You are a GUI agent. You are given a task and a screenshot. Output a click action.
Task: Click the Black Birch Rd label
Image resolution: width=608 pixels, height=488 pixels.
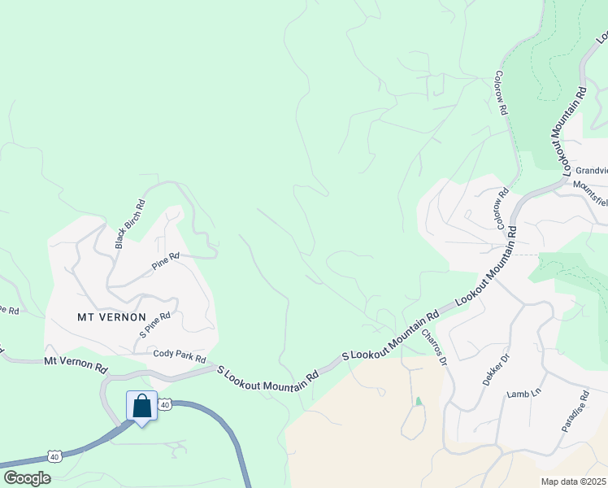point(130,224)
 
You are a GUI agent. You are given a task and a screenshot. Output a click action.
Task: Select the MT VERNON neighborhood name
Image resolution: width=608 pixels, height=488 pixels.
point(111,316)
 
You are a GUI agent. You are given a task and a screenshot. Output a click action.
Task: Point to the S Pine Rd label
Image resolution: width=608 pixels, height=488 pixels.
point(154,324)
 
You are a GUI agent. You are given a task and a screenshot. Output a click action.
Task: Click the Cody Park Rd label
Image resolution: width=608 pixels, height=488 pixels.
point(180,356)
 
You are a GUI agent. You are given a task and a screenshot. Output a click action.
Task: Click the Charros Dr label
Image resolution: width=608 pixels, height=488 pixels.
point(434,346)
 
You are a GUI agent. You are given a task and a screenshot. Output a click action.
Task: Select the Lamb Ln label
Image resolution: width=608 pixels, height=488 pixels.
point(523,394)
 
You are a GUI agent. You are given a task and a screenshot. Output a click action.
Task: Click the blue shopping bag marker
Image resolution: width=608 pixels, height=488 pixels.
point(142,406)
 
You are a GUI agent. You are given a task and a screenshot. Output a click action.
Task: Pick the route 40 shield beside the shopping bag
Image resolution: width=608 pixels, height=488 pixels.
point(164,403)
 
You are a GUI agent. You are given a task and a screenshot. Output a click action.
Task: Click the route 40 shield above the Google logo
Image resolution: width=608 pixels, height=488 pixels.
point(54,457)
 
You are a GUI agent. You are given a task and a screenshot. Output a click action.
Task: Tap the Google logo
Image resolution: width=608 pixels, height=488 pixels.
point(27,478)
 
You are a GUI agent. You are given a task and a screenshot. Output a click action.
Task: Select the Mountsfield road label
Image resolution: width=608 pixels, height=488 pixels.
point(590,185)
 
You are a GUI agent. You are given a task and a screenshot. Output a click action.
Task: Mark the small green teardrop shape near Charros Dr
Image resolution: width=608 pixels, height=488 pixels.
point(419,401)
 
